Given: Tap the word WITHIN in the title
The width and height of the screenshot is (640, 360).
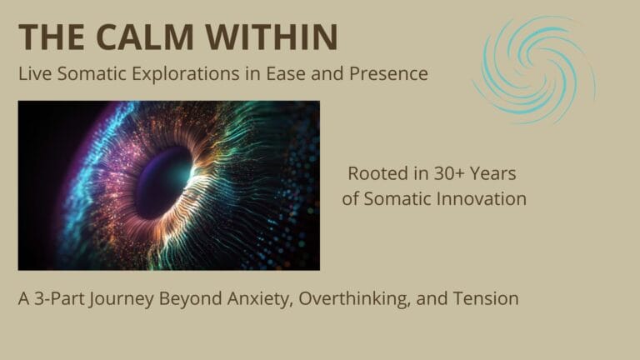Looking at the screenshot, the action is tap(272, 37).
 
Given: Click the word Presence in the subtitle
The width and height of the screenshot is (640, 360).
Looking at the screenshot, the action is tap(388, 74).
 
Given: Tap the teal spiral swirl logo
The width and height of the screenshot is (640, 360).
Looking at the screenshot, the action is tap(534, 69).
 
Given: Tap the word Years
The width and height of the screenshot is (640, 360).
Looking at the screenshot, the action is tap(493, 174).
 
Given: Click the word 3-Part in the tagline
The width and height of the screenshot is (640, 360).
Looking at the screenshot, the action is tap(60, 299).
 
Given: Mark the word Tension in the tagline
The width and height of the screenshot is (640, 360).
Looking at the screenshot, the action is tap(486, 299).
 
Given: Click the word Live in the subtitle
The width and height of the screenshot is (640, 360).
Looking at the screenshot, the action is tap(35, 74).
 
